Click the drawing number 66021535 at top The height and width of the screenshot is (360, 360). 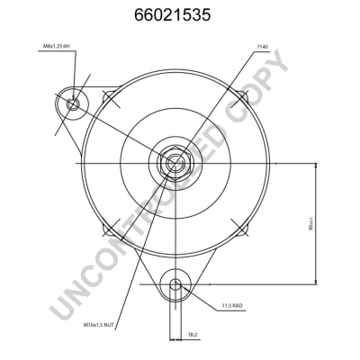point(180,15)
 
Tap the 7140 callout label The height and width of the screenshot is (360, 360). point(263,47)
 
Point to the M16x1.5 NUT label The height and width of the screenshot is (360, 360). point(100,324)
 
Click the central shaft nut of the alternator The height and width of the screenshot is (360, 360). point(174,163)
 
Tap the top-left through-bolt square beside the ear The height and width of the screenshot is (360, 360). point(110,96)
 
